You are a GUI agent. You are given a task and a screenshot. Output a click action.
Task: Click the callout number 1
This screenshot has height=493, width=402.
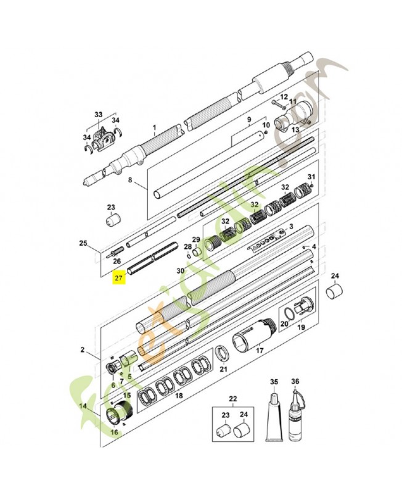tap(155, 131)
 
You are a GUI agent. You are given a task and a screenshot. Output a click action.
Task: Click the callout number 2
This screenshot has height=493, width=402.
tap(82, 350)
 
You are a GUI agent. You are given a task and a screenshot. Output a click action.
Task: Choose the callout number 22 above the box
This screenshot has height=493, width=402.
tap(232, 399)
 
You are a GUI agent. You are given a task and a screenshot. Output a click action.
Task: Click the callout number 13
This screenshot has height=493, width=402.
tap(295, 130)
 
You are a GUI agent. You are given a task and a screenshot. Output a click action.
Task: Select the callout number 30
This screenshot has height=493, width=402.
tap(180, 271)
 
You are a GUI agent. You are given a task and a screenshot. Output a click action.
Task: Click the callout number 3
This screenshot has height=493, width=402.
tap(290, 227)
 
